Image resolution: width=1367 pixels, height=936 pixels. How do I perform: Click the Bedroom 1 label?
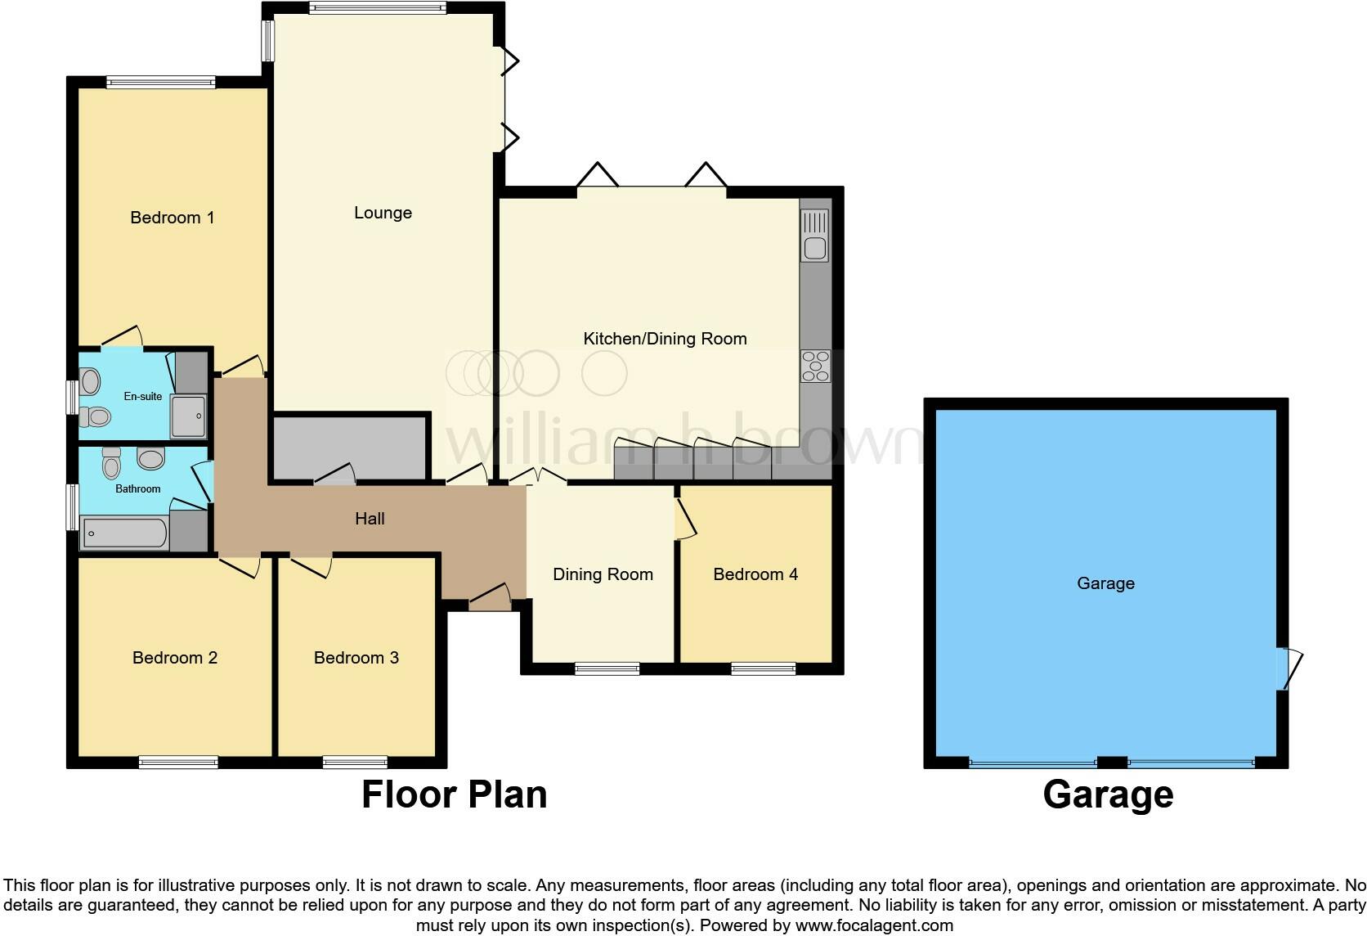172,218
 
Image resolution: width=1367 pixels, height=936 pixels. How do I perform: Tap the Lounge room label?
383,213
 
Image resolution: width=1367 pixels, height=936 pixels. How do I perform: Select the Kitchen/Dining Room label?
665,339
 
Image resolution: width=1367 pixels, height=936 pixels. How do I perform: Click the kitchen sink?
815,236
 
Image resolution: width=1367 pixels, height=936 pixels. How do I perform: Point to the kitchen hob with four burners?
815,366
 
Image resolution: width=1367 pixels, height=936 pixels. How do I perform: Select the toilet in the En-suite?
96,416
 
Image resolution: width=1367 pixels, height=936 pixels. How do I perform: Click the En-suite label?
143,396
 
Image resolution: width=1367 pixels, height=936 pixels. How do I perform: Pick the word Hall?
370,519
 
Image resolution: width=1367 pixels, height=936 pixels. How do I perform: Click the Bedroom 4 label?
755,574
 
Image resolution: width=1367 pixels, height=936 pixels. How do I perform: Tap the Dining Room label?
603,574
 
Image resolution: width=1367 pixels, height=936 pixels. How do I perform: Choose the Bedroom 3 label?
356,658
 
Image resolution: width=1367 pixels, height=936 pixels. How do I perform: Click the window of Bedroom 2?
178,763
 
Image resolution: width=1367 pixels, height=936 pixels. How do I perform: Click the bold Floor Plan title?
454,794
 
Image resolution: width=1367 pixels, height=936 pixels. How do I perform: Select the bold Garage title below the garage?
1108,794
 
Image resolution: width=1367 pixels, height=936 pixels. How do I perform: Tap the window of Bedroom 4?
763,668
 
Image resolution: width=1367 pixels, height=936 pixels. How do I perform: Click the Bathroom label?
137,488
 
